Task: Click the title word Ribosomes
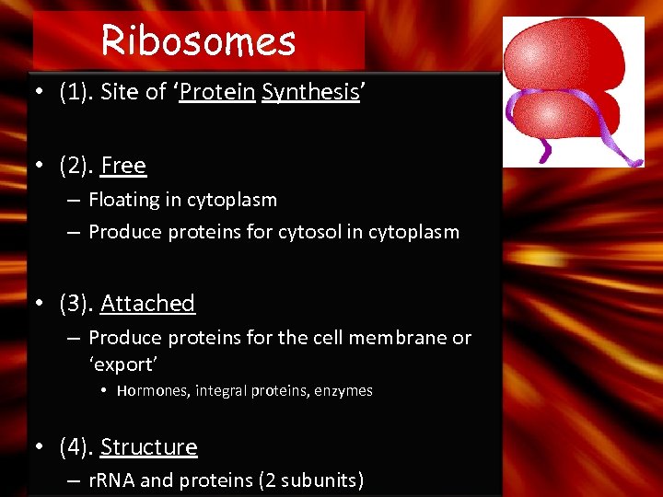pyautogui.click(x=198, y=40)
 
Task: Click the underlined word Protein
pyautogui.click(x=217, y=92)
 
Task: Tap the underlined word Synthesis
pyautogui.click(x=309, y=92)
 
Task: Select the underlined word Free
pyautogui.click(x=123, y=166)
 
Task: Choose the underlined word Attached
pyautogui.click(x=147, y=304)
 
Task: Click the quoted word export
pyautogui.click(x=123, y=364)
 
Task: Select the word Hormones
pyautogui.click(x=152, y=391)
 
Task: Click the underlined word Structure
pyautogui.click(x=148, y=447)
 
